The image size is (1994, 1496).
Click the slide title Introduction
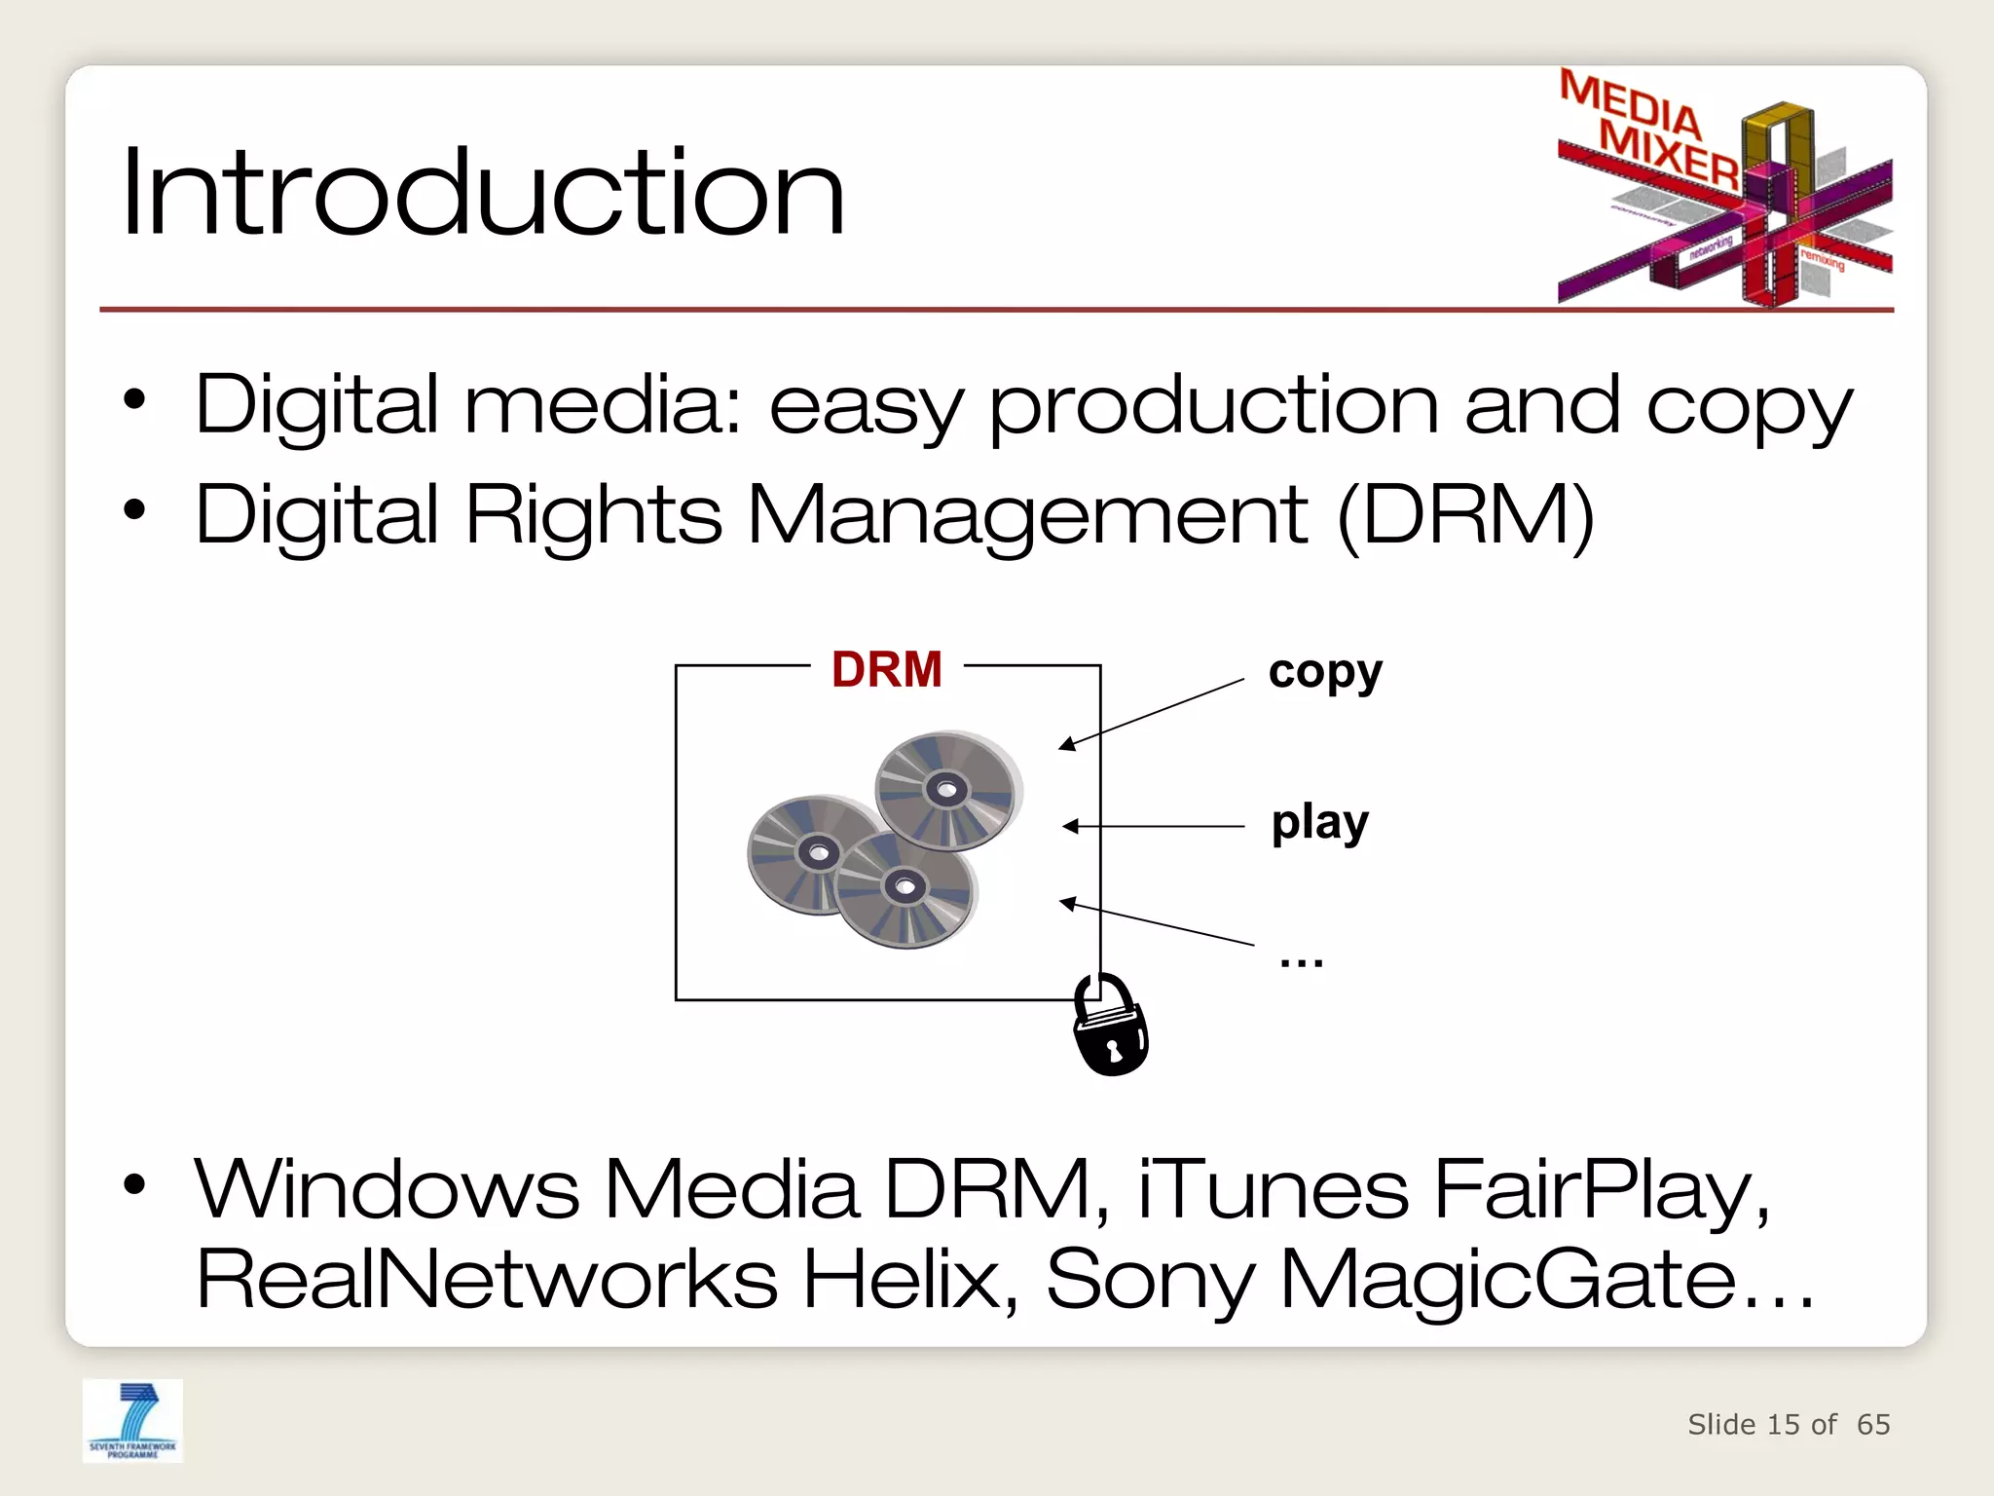(x=483, y=192)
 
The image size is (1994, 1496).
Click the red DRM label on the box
(x=886, y=670)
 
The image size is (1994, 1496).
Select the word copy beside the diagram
(x=1325, y=672)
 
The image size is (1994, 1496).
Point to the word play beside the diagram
(x=1320, y=823)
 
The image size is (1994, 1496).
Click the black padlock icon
(x=1110, y=1028)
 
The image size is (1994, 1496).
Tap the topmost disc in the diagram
(x=945, y=790)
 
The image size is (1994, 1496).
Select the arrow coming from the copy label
(x=1154, y=712)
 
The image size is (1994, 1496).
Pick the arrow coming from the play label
(x=1154, y=826)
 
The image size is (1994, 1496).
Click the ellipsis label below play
(x=1302, y=961)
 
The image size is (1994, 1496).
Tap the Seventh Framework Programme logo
(x=133, y=1420)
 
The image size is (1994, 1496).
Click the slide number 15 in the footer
(x=1784, y=1424)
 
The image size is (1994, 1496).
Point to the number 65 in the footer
(x=1873, y=1424)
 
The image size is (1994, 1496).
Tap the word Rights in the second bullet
(x=593, y=515)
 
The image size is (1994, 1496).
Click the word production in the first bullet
(x=1213, y=406)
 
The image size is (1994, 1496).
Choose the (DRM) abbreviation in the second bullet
(x=1466, y=515)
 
